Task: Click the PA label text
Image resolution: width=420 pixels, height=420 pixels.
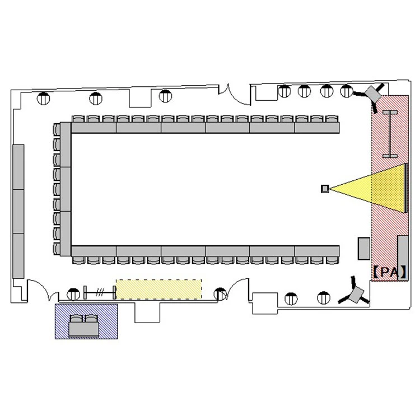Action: click(x=390, y=272)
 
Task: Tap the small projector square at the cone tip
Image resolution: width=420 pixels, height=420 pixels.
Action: click(x=325, y=189)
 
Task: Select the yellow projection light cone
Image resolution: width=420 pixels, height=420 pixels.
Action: click(x=367, y=188)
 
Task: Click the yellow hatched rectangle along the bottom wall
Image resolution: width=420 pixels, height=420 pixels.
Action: click(x=159, y=290)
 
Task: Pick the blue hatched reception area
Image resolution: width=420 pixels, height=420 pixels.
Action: click(x=86, y=321)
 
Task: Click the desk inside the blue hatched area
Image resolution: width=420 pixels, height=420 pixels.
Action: click(x=84, y=329)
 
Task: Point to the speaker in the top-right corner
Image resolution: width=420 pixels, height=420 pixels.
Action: click(x=373, y=94)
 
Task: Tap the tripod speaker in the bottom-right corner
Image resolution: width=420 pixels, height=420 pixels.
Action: click(x=355, y=293)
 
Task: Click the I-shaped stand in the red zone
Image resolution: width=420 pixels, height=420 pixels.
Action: click(x=390, y=134)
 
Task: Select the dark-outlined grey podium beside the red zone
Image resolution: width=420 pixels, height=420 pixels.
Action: click(x=364, y=248)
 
